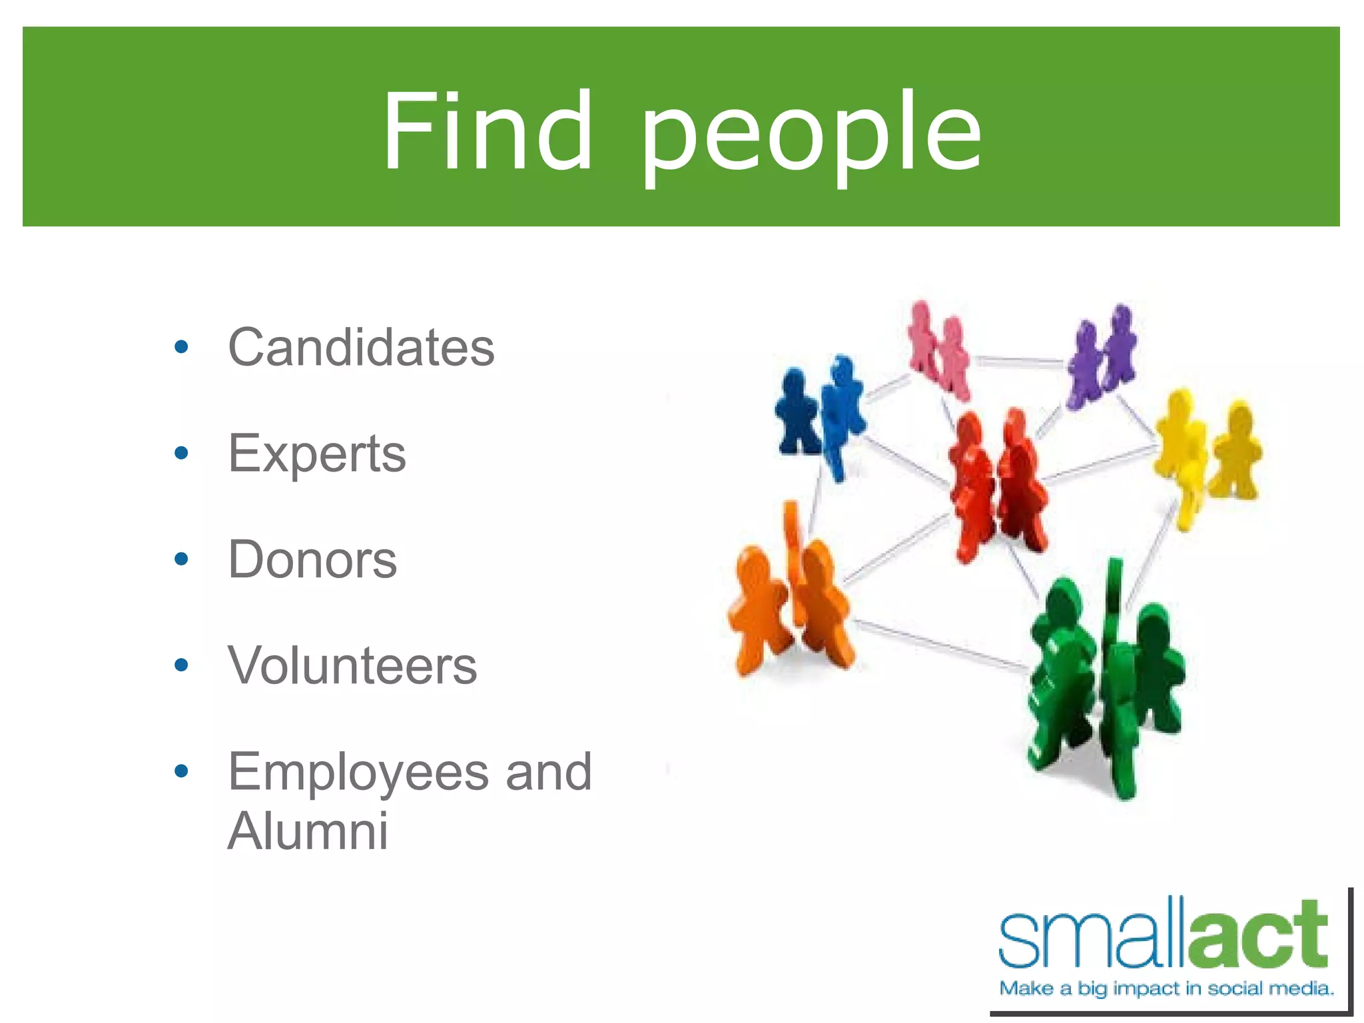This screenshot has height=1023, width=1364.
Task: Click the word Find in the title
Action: pos(486,131)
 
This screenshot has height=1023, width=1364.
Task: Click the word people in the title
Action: pos(811,137)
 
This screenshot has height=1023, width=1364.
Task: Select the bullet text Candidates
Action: pos(361,348)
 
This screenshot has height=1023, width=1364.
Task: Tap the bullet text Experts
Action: pos(317,454)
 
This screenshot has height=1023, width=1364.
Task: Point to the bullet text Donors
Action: pos(312,559)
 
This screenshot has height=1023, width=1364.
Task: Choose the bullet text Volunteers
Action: pos(352,665)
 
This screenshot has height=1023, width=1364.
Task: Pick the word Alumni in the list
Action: pos(308,831)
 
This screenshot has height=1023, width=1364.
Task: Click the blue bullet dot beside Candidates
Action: pos(181,347)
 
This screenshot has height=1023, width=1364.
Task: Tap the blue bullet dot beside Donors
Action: pos(181,559)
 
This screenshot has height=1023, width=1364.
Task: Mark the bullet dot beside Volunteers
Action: pos(181,665)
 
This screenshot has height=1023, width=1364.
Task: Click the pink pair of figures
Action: pos(939,350)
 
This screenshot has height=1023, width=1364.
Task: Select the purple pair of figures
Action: pos(1102,356)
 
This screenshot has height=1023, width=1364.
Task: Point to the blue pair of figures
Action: pos(821,413)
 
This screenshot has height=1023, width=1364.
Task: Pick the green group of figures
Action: pos(1102,679)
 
